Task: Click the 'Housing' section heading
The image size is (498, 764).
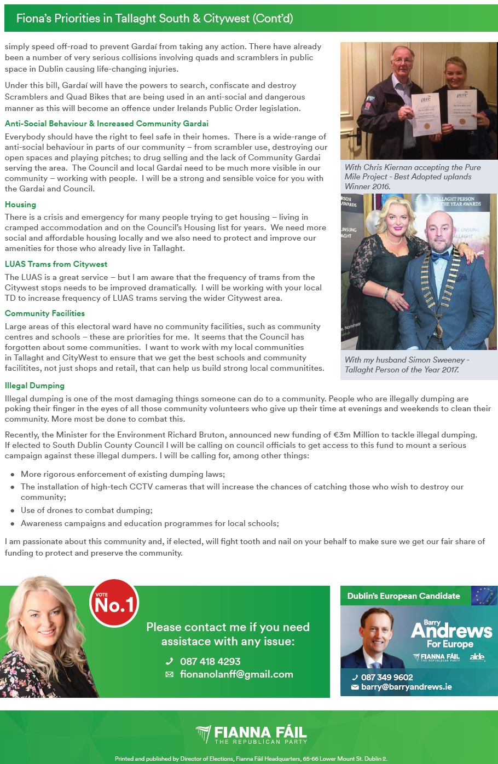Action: click(20, 205)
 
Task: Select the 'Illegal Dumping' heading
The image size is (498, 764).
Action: click(34, 386)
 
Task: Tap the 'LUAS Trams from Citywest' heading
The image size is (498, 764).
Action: click(56, 264)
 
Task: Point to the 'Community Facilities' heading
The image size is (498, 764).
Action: click(45, 313)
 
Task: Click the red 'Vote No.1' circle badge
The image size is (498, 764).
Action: click(114, 603)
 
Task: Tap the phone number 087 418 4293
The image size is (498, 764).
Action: click(210, 661)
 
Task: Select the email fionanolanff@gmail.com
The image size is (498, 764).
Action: click(236, 674)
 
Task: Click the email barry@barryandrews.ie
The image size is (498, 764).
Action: click(406, 687)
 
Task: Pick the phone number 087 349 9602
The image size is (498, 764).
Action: click(386, 677)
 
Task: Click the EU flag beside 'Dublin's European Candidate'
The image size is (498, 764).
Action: click(484, 596)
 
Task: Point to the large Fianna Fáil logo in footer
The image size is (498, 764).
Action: click(251, 734)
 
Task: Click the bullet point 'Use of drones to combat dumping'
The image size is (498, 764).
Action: click(86, 510)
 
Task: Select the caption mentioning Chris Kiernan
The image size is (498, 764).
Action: click(413, 177)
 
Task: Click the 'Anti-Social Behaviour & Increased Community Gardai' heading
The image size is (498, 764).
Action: click(107, 124)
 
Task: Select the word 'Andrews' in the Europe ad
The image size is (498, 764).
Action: click(451, 631)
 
